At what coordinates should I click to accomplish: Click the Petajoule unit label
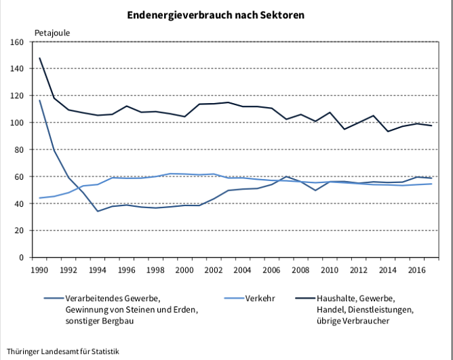point(52,32)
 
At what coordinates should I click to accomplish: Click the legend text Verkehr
point(260,298)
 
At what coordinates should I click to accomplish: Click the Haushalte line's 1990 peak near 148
point(40,58)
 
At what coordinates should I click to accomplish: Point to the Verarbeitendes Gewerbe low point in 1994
point(98,211)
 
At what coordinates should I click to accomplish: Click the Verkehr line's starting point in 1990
point(40,198)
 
